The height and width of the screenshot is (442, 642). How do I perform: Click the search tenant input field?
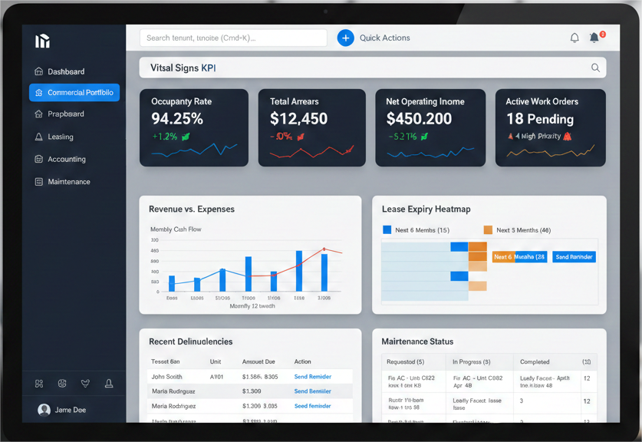[232, 38]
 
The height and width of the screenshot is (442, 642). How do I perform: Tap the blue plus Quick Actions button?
[346, 38]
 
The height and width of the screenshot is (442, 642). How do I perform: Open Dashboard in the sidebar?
[66, 71]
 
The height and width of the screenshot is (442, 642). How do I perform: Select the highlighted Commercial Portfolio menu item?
[74, 93]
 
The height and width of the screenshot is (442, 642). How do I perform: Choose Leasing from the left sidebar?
[61, 137]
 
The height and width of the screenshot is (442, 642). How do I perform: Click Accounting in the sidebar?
[67, 159]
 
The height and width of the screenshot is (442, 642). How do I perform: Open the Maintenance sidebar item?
[69, 182]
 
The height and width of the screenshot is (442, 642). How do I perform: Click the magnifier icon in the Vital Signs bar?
[595, 68]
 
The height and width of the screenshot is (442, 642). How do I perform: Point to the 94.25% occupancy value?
[177, 119]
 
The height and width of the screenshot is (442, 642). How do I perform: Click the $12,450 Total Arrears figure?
[298, 119]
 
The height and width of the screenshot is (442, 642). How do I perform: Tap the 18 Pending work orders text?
[540, 119]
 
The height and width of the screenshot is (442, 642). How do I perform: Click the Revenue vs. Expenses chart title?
[192, 209]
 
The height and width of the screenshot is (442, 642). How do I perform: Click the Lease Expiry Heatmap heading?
[426, 209]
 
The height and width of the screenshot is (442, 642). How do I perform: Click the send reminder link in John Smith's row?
[313, 377]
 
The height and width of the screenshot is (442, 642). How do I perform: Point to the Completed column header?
[535, 361]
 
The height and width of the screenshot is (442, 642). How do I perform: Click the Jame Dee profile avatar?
[44, 410]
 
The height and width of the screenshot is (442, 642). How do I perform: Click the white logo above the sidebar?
[42, 41]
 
